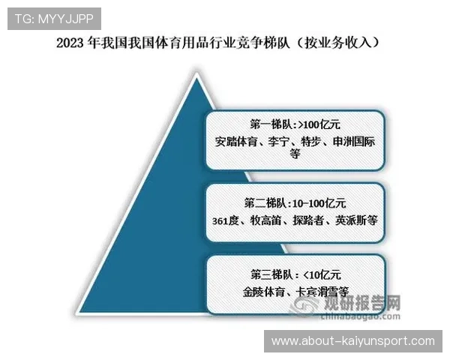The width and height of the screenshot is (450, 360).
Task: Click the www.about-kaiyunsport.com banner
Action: tap(352, 341)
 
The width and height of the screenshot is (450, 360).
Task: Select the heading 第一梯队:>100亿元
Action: tap(289, 122)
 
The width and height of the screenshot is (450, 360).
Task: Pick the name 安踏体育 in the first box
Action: tap(235, 140)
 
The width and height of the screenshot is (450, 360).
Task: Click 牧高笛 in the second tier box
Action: tap(271, 220)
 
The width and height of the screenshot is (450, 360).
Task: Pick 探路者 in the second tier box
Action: tap(314, 220)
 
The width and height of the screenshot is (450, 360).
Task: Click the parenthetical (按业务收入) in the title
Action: tap(340, 42)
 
